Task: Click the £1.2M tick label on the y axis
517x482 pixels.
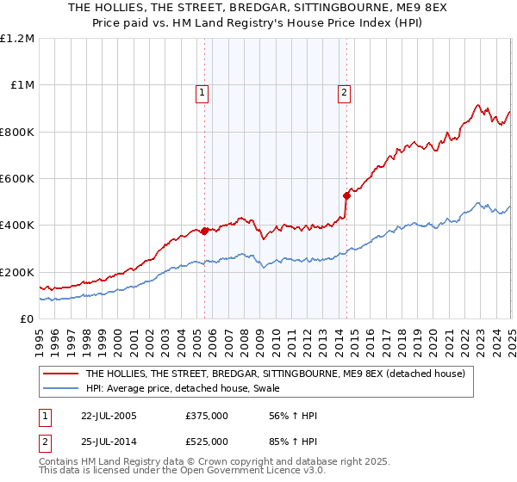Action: point(17,39)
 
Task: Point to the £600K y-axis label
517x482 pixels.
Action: point(17,179)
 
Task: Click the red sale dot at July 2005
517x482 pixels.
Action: point(205,231)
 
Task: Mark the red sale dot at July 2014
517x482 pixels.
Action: point(346,195)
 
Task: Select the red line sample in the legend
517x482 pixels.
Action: point(61,374)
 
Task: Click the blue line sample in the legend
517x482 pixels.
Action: point(61,387)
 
